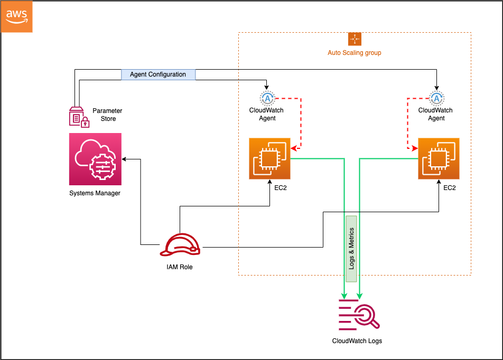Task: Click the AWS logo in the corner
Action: click(17, 17)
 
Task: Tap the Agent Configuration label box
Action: click(158, 74)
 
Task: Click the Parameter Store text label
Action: click(107, 115)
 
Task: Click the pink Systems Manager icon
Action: click(95, 159)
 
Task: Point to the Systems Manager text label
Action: click(95, 193)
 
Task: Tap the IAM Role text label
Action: click(180, 267)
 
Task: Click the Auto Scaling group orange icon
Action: click(355, 39)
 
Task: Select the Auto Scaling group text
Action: click(355, 53)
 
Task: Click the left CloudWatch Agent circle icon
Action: click(267, 98)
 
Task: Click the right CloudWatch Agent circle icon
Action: click(436, 98)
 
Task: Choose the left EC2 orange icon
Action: click(270, 158)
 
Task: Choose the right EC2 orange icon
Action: click(439, 158)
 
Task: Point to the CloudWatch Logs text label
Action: click(357, 341)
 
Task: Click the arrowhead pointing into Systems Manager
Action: click(125, 158)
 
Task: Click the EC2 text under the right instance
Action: click(450, 188)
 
